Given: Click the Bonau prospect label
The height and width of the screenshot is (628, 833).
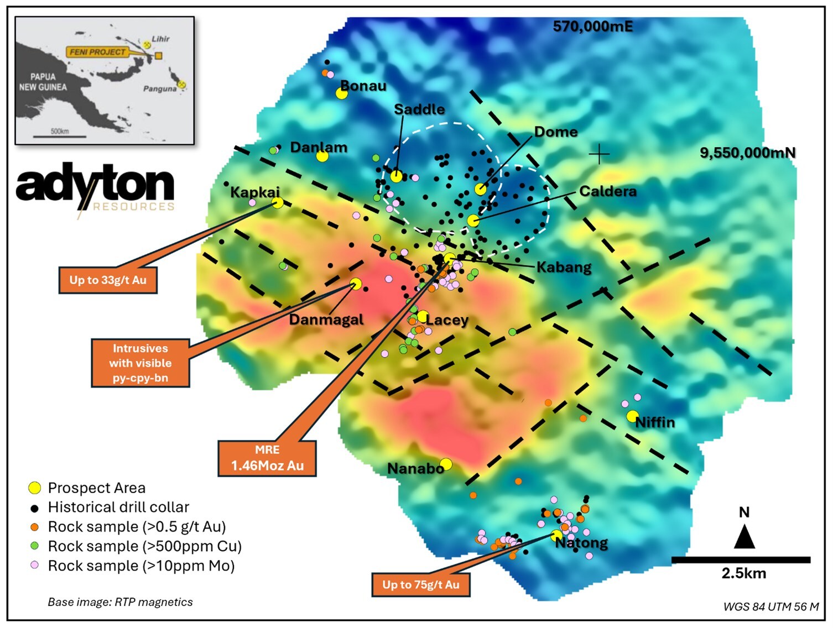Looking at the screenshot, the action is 363,86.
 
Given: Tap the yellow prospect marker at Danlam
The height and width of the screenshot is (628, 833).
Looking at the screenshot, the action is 322,156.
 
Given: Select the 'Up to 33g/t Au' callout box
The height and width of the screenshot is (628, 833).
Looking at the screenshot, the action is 108,280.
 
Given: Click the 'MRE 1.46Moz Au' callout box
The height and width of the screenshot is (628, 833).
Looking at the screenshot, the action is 267,458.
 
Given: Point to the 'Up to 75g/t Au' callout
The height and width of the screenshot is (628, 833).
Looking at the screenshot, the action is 421,585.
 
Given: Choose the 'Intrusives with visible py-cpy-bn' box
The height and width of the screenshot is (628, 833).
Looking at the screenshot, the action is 140,363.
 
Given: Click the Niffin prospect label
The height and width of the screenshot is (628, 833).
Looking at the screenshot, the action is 655,422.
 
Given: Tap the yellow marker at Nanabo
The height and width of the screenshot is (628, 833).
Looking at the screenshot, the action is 446,464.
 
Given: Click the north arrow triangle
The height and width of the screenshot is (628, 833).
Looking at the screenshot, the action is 745,537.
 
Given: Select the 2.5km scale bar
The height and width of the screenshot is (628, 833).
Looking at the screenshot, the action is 741,560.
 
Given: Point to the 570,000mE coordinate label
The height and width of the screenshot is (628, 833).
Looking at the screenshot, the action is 593,27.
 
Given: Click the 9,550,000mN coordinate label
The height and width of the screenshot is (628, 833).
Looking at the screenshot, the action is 748,153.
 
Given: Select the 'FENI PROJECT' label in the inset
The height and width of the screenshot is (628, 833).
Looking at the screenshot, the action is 97,52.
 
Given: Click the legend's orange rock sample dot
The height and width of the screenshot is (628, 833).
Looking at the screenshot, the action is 35,527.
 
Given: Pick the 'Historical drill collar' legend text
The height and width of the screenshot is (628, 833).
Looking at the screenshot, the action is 118,507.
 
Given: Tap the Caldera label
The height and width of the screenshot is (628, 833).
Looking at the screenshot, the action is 608,191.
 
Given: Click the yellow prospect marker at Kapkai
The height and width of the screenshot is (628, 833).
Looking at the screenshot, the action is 278,203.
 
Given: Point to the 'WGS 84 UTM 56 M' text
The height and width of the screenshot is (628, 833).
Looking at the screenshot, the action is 771,606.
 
